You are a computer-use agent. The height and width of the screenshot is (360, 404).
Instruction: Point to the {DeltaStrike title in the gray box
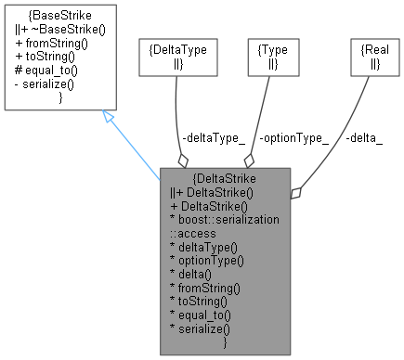226,178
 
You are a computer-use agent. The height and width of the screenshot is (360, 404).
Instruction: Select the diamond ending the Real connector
295,193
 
